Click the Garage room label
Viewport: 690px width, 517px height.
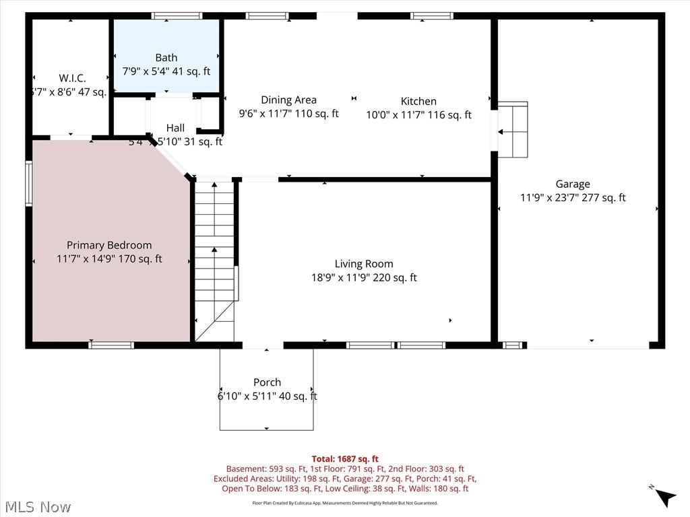tap(573, 184)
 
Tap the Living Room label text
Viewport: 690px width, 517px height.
tap(364, 264)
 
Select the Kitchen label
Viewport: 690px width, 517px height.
tap(418, 102)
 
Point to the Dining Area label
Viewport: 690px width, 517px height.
tap(288, 100)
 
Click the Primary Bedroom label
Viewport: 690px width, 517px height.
tap(109, 245)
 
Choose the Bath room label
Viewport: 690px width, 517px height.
tap(166, 58)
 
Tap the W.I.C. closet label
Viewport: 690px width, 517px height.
tap(72, 78)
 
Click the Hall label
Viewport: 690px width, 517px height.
tap(175, 128)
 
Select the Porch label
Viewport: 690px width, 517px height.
tap(267, 382)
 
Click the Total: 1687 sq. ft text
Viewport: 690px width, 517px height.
tap(345, 459)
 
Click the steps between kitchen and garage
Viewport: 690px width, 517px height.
tap(513, 129)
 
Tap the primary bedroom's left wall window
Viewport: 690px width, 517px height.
tap(29, 182)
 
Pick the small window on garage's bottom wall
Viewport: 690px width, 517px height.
tap(513, 345)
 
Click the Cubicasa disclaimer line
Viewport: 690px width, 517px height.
tap(345, 503)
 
